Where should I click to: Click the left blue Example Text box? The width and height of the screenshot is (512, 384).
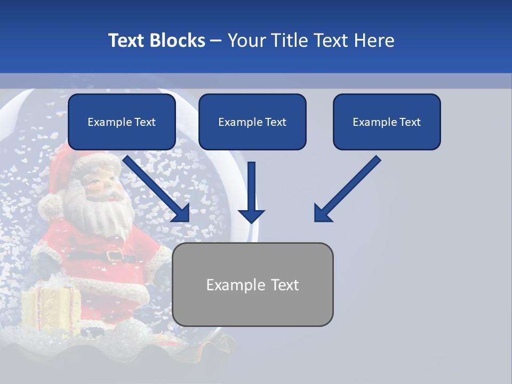point(122,122)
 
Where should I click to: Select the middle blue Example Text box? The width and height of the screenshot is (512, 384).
point(252,122)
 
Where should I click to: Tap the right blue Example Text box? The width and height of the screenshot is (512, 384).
point(387,122)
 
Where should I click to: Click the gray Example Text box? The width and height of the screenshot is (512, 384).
point(252,284)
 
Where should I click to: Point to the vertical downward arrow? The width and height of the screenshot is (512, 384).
point(251,192)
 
